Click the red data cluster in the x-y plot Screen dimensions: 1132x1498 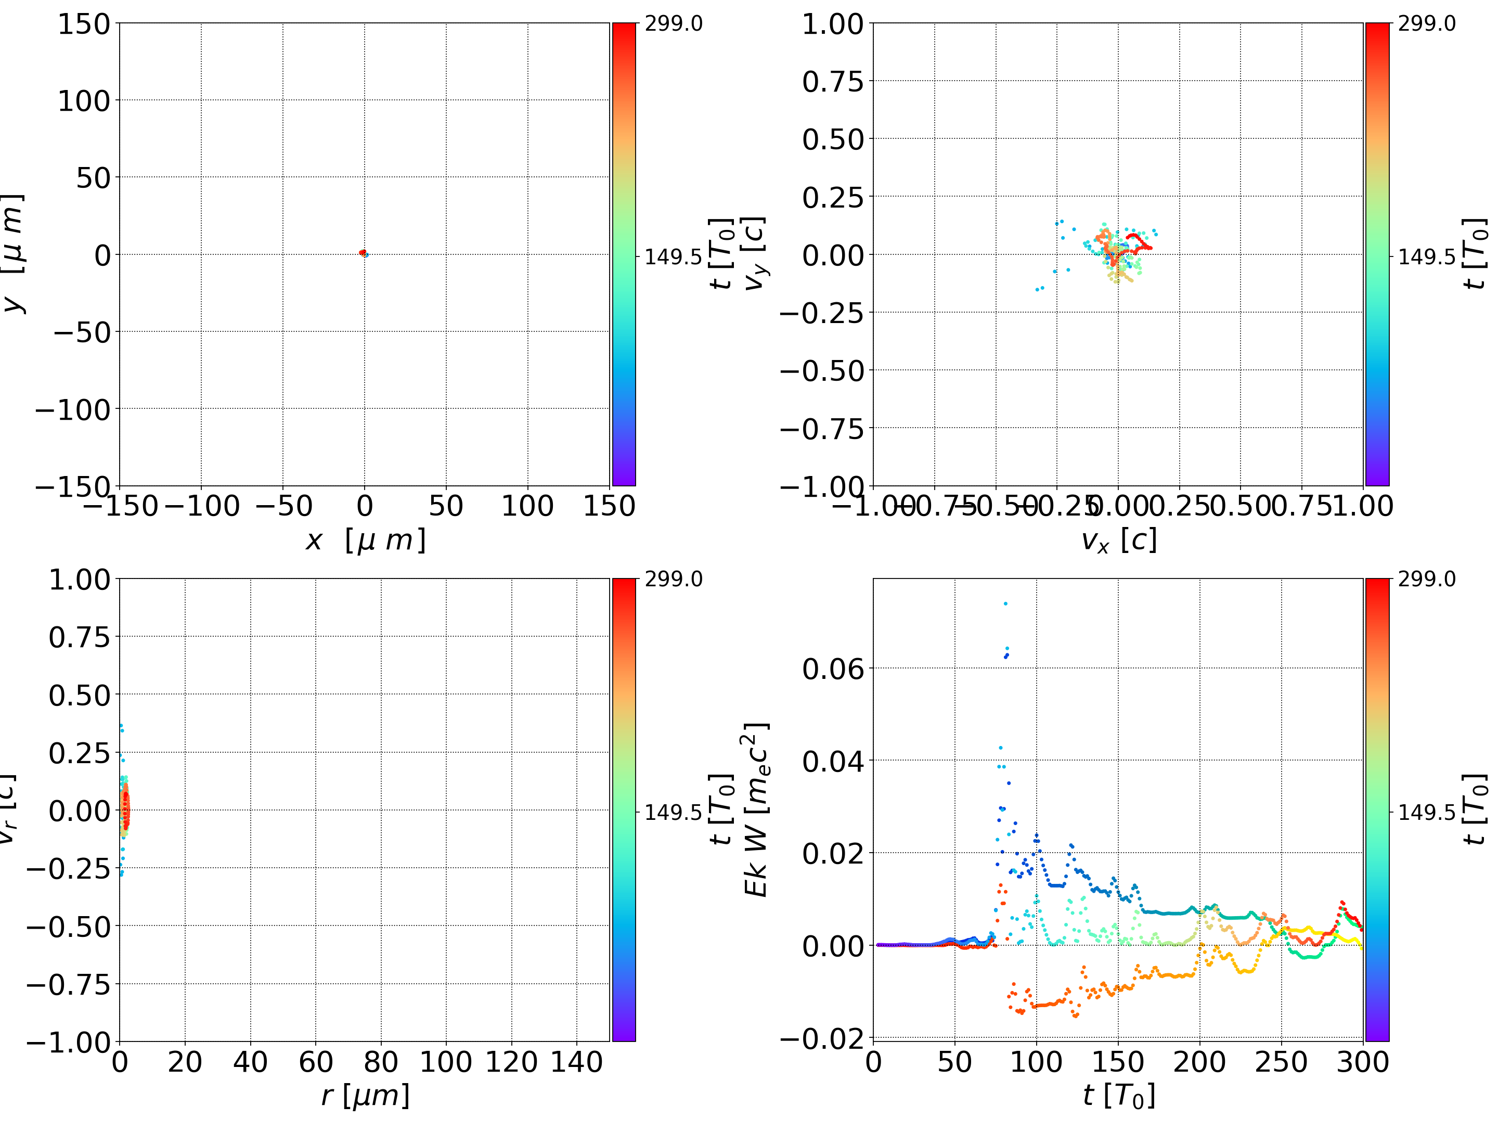click(x=363, y=253)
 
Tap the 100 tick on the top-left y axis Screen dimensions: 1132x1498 click(x=83, y=101)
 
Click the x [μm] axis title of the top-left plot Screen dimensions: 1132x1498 click(x=365, y=541)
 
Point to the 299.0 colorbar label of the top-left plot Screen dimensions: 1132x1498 click(x=673, y=24)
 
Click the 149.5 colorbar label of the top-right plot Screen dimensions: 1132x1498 click(x=1426, y=257)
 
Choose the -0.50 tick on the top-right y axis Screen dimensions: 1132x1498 click(x=822, y=370)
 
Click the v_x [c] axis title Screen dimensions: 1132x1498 click(x=1118, y=541)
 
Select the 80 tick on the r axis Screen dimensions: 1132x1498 click(x=381, y=1062)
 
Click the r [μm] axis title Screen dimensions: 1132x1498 click(x=365, y=1096)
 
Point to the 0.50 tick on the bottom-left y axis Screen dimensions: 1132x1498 click(x=79, y=695)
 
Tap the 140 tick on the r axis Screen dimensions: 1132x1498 click(x=576, y=1062)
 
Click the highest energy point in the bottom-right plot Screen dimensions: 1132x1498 click(x=1005, y=603)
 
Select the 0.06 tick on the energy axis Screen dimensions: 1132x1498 click(x=833, y=668)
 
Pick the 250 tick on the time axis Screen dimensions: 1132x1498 click(x=1281, y=1062)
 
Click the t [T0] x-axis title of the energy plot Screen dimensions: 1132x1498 click(x=1118, y=1096)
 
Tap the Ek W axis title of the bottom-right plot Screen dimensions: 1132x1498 click(x=756, y=809)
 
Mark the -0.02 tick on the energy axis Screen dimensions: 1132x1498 click(x=822, y=1038)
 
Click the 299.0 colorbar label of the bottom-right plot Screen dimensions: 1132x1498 click(x=1426, y=579)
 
